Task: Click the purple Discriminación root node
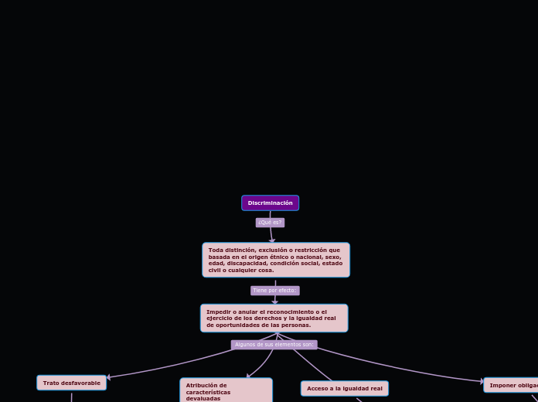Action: pos(270,203)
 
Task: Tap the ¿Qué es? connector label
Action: pos(270,223)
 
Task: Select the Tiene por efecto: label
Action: pos(274,291)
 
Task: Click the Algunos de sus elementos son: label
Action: pos(274,345)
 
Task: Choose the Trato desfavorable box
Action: pos(71,383)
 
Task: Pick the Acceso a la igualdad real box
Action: pos(344,388)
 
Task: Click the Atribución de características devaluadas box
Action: pos(226,390)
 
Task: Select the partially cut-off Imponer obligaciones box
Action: pos(512,385)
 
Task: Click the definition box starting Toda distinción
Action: pos(276,260)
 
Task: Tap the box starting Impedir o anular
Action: pos(274,318)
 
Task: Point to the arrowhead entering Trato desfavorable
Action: pos(109,377)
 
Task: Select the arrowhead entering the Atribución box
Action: pos(248,376)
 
